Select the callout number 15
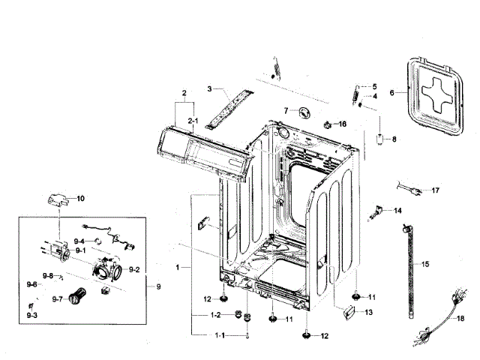point(425,264)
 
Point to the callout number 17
point(435,190)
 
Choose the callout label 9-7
point(57,298)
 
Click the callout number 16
point(343,124)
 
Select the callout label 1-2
point(215,314)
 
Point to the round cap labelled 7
point(304,112)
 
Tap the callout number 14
point(397,211)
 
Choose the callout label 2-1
point(192,121)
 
